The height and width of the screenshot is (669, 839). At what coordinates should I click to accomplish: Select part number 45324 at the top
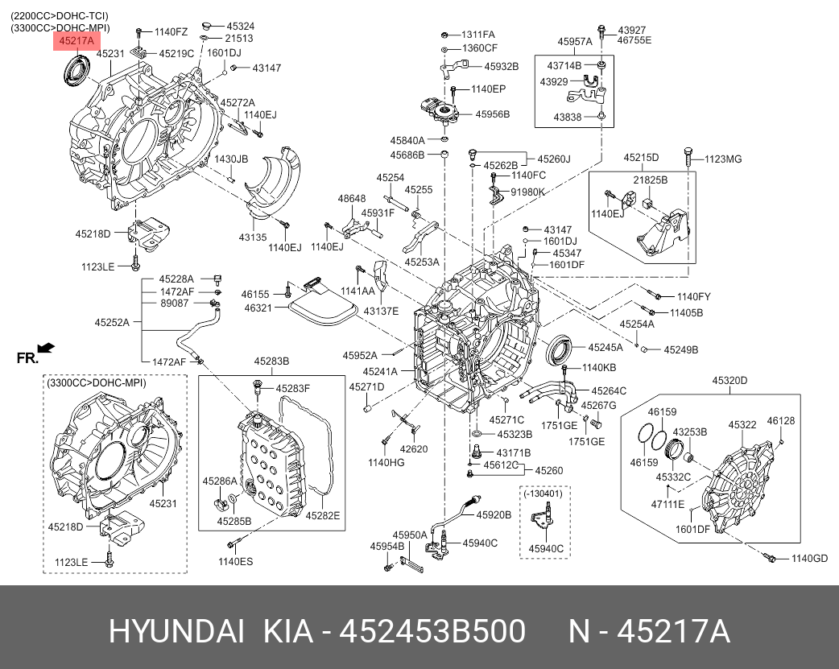(239, 26)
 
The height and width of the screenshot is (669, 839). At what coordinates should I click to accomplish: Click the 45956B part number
(492, 114)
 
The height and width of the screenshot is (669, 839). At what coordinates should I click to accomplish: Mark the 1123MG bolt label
(722, 159)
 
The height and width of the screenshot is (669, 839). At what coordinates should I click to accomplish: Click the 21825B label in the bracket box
(650, 180)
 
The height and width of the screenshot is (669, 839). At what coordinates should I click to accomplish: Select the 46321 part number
(258, 308)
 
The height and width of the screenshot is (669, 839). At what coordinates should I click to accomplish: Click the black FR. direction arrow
(46, 348)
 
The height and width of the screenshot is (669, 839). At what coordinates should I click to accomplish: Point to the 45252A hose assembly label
(112, 322)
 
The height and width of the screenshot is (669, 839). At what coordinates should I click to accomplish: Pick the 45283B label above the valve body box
(271, 361)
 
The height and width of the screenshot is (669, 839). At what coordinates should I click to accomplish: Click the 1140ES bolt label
(235, 561)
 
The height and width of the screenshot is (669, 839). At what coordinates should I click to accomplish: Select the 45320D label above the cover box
(729, 380)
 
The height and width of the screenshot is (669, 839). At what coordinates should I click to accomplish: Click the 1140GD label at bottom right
(809, 559)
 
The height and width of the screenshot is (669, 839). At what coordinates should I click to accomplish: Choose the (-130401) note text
(543, 493)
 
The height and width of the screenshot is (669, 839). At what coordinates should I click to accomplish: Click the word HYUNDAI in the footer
(176, 632)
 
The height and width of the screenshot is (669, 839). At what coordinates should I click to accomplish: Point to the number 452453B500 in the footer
(433, 632)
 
